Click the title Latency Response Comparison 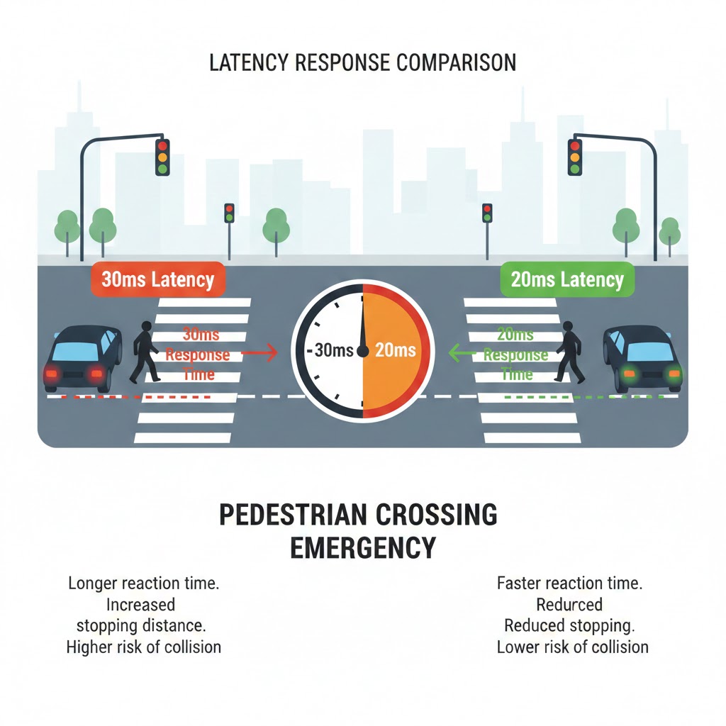[x=362, y=62]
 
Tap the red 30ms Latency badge [x=157, y=279]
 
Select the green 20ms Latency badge [x=567, y=279]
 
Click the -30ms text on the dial [x=328, y=350]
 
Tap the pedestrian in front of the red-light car [x=145, y=352]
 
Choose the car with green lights [x=644, y=358]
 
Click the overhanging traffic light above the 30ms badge [x=162, y=156]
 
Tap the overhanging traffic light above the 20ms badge [x=574, y=156]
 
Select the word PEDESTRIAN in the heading [x=296, y=515]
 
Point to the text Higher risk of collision [x=143, y=647]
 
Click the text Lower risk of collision [x=572, y=647]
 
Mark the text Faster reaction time [x=569, y=584]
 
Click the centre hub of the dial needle [x=363, y=350]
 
